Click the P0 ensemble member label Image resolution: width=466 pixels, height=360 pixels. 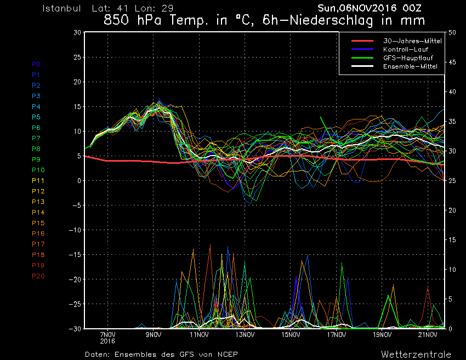pyautogui.click(x=36, y=64)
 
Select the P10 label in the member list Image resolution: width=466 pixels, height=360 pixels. pyautogui.click(x=38, y=170)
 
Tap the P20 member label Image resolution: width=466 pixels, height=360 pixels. pyautogui.click(x=38, y=276)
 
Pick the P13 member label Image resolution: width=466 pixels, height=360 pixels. pyautogui.click(x=38, y=202)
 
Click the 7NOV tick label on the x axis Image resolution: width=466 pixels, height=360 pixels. pyautogui.click(x=108, y=334)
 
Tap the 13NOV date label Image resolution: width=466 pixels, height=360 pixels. pyautogui.click(x=245, y=334)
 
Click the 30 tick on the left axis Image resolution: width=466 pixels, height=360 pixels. pyautogui.click(x=77, y=32)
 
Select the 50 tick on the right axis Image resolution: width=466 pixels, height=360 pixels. pyautogui.click(x=452, y=32)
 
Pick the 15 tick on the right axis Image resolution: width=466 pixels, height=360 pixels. pyautogui.click(x=452, y=239)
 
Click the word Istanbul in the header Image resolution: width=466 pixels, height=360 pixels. pyautogui.click(x=62, y=9)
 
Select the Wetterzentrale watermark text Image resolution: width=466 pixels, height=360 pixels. pyautogui.click(x=416, y=354)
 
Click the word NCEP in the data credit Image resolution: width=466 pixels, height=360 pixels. pyautogui.click(x=226, y=354)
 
